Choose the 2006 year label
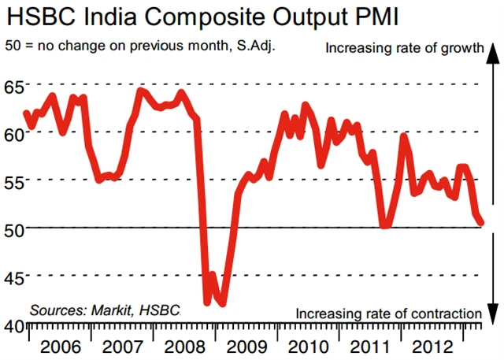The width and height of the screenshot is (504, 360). click(60, 346)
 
